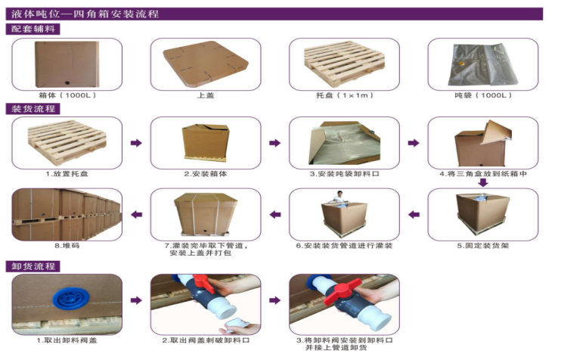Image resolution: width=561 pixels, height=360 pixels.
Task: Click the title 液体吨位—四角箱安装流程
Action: tap(85, 14)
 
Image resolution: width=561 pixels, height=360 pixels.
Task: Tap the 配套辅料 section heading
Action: tap(33, 29)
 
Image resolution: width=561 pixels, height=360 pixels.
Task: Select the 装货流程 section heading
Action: tap(33, 109)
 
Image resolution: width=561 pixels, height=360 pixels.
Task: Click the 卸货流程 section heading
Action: tap(33, 266)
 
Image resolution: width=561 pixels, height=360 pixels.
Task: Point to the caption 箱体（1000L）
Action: tap(67, 95)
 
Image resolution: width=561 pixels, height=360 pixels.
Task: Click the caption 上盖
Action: tap(206, 95)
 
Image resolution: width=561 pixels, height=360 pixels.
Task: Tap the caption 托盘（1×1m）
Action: tap(345, 95)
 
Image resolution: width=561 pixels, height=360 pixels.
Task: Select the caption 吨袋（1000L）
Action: tap(483, 95)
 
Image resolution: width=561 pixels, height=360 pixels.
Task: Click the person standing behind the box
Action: tap(339, 197)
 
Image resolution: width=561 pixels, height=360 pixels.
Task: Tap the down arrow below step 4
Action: tap(483, 182)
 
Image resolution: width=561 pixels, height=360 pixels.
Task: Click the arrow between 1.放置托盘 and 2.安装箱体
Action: tap(136, 143)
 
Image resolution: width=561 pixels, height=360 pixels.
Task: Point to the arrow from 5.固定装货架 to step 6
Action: tap(414, 215)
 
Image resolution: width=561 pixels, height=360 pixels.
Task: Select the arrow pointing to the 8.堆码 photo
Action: tap(136, 215)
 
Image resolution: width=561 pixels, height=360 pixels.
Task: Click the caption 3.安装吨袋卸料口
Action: tap(345, 174)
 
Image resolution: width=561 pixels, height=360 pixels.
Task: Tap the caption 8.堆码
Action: tap(67, 246)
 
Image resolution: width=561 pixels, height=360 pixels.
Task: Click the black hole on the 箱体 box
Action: tap(67, 83)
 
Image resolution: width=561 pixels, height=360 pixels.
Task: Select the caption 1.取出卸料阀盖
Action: tap(67, 340)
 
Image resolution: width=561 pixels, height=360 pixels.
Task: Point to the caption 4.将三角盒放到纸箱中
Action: tap(483, 174)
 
